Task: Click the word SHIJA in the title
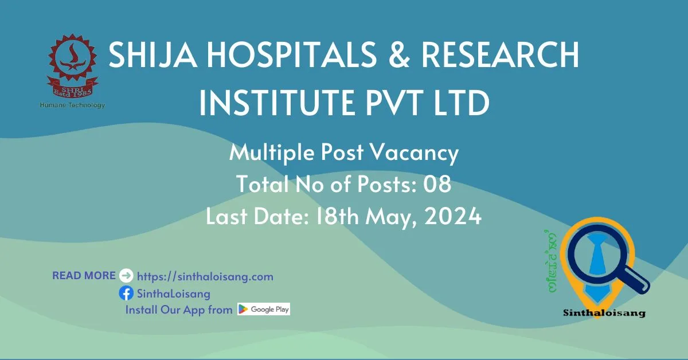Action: click(x=153, y=54)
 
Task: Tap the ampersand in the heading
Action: click(x=399, y=54)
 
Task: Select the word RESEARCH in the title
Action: click(x=501, y=54)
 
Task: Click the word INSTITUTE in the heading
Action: click(x=276, y=102)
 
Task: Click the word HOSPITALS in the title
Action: click(x=292, y=54)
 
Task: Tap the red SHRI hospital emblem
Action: click(x=72, y=65)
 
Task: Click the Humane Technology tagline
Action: click(x=72, y=105)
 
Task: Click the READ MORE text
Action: click(x=84, y=276)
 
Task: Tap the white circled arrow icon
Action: click(x=126, y=276)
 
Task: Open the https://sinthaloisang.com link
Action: click(x=205, y=276)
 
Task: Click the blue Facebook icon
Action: click(x=126, y=293)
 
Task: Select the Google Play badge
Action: click(x=264, y=309)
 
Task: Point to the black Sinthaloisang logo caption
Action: click(x=604, y=313)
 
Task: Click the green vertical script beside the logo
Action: click(x=550, y=261)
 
